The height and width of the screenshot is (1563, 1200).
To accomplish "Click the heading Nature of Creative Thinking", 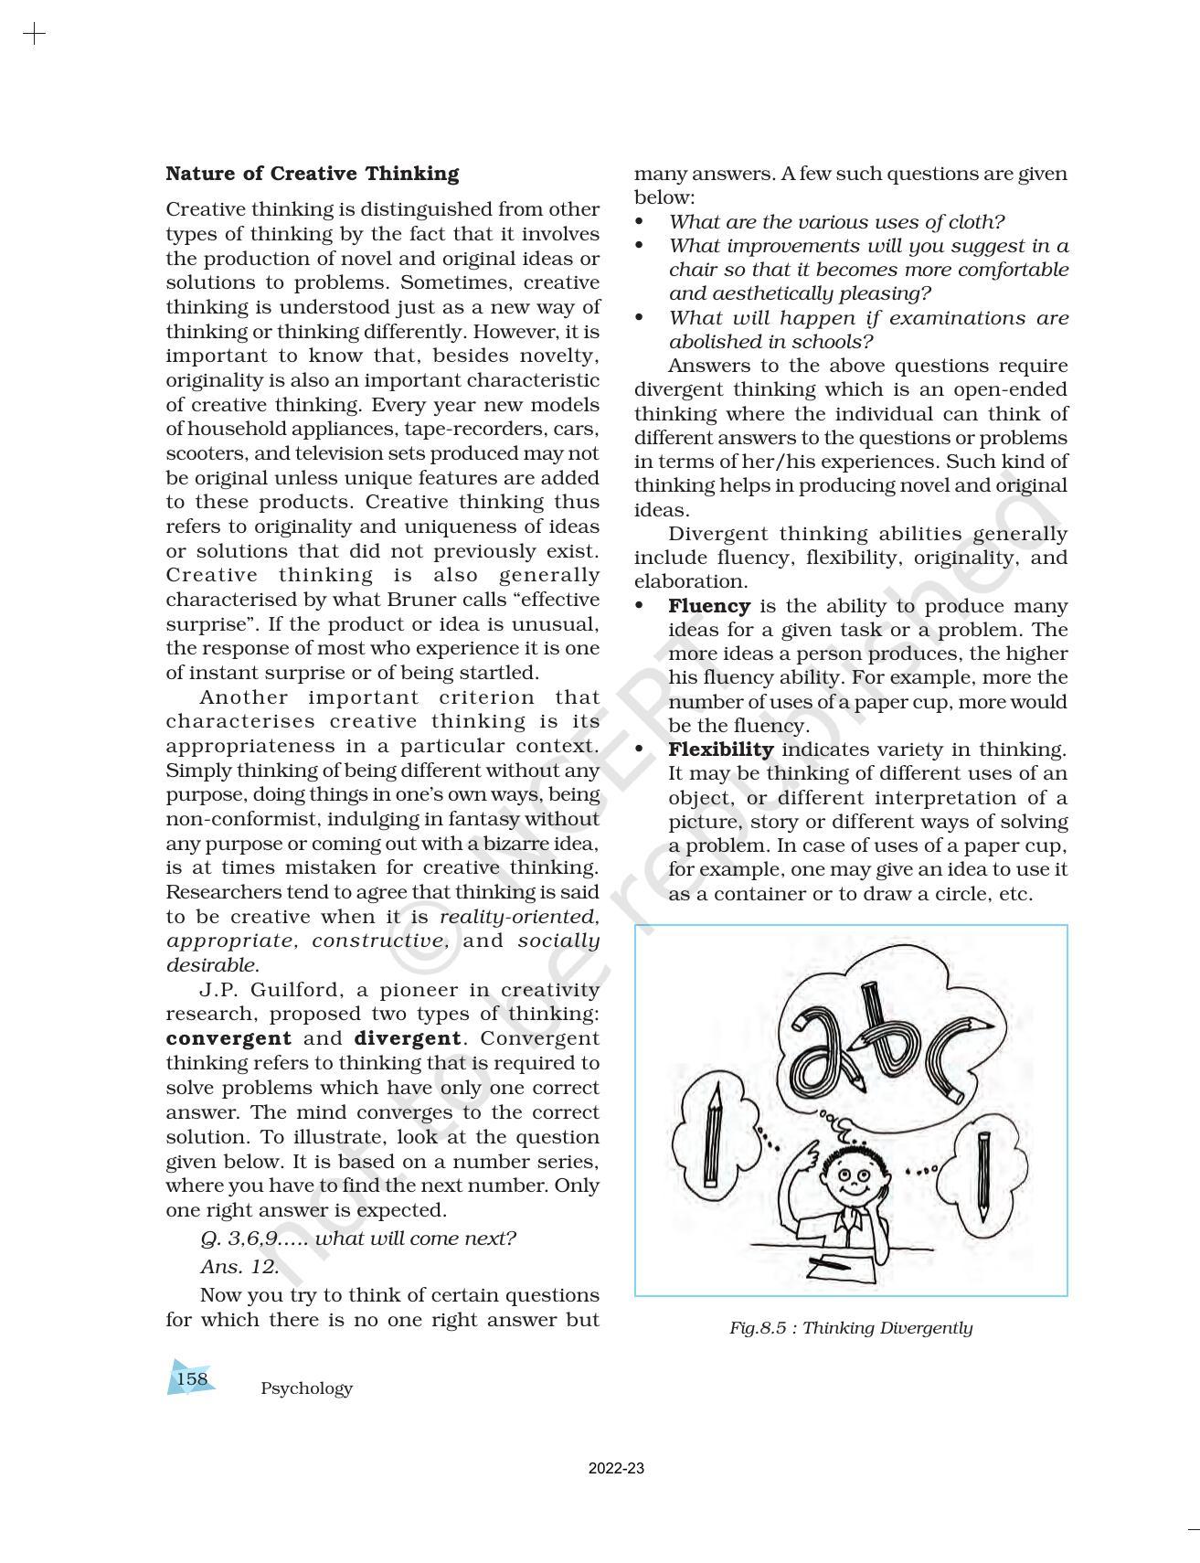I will [x=312, y=174].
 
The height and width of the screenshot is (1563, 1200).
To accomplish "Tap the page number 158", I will [x=192, y=1378].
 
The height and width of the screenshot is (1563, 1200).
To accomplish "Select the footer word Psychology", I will [x=306, y=1388].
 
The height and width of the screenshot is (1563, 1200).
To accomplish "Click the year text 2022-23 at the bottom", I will [x=616, y=1469].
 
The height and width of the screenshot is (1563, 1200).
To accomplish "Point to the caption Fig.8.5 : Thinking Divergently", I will [x=850, y=1328].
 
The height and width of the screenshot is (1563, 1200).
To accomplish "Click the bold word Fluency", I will [x=709, y=606].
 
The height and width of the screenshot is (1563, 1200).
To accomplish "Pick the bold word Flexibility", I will [x=720, y=750].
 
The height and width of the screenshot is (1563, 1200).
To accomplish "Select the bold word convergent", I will [x=228, y=1038].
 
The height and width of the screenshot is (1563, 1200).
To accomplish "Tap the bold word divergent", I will [x=407, y=1038].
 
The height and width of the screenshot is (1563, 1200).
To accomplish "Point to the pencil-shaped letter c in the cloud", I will [x=955, y=1056].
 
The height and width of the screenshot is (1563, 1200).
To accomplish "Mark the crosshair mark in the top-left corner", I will [x=34, y=35].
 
